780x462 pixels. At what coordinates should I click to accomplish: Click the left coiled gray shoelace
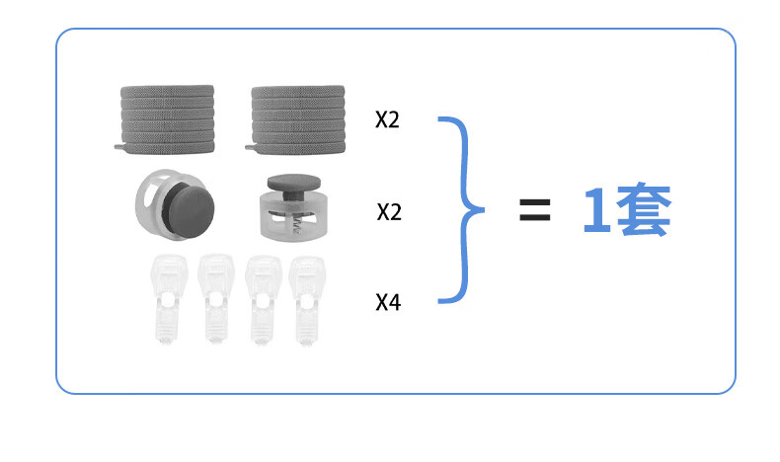tap(167, 119)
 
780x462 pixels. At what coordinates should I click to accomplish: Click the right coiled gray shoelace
tap(297, 119)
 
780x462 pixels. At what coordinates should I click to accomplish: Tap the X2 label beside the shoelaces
tap(387, 119)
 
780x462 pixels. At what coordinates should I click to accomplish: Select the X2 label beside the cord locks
tap(389, 212)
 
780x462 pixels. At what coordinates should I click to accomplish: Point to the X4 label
tap(388, 302)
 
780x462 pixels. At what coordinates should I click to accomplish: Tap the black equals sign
tap(535, 209)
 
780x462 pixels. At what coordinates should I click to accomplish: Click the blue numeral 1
tap(597, 209)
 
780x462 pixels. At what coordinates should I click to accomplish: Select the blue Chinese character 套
tap(644, 209)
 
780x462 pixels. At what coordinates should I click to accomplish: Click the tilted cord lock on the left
tap(175, 205)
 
